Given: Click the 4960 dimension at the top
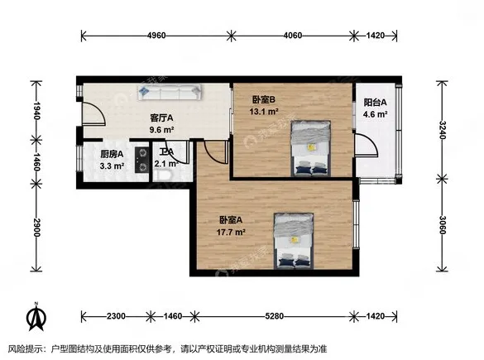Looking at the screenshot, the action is point(156,36).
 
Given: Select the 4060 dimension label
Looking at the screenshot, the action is point(293,36).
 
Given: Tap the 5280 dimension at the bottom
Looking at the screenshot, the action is point(274,316).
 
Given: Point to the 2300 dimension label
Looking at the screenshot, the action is point(116,316).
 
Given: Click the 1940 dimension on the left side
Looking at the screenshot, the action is point(36,111).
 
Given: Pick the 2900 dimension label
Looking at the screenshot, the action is point(36,228).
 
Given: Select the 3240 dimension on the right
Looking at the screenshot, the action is point(442,130).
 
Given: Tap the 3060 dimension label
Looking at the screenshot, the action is point(442,225).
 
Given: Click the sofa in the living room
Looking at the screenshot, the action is point(170,93).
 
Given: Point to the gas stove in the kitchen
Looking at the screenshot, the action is point(142,160).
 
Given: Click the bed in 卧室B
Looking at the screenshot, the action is point(311,148).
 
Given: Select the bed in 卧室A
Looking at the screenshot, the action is point(294,241).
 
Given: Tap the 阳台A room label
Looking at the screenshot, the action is point(375,102).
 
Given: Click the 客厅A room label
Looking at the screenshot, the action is point(161,118).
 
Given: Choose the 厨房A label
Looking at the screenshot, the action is point(112,154).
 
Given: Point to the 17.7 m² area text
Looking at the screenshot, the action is point(231,232).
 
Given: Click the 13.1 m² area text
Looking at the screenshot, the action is point(264,111).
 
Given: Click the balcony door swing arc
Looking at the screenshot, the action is point(371,143).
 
